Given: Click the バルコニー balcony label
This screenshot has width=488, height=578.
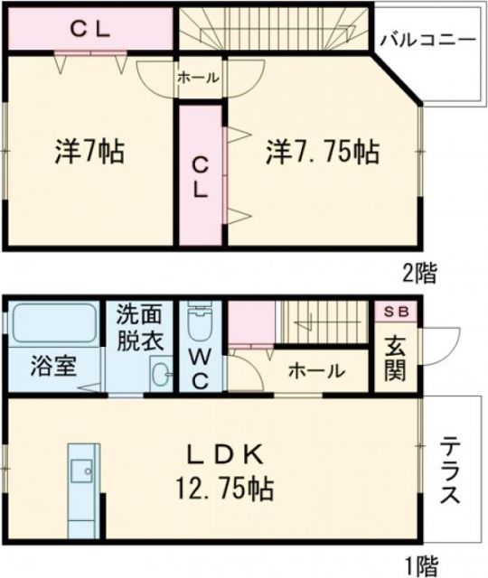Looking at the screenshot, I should (x=427, y=41).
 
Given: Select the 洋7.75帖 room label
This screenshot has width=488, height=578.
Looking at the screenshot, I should (x=322, y=151).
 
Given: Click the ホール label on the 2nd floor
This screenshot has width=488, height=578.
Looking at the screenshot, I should (x=198, y=79).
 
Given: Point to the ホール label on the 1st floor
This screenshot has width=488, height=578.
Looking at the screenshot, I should (x=316, y=370).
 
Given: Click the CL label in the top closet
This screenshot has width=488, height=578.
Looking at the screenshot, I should (x=90, y=29).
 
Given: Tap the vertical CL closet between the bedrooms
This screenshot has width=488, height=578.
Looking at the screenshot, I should (x=201, y=176).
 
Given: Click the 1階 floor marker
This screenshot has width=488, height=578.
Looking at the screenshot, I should (x=420, y=564).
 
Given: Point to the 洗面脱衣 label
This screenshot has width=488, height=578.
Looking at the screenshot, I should (x=138, y=329).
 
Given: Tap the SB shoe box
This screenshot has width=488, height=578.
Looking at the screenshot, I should (x=397, y=312).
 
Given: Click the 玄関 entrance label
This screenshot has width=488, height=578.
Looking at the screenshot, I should (x=396, y=358).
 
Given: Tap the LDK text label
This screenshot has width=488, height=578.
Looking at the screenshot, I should (x=224, y=453).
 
